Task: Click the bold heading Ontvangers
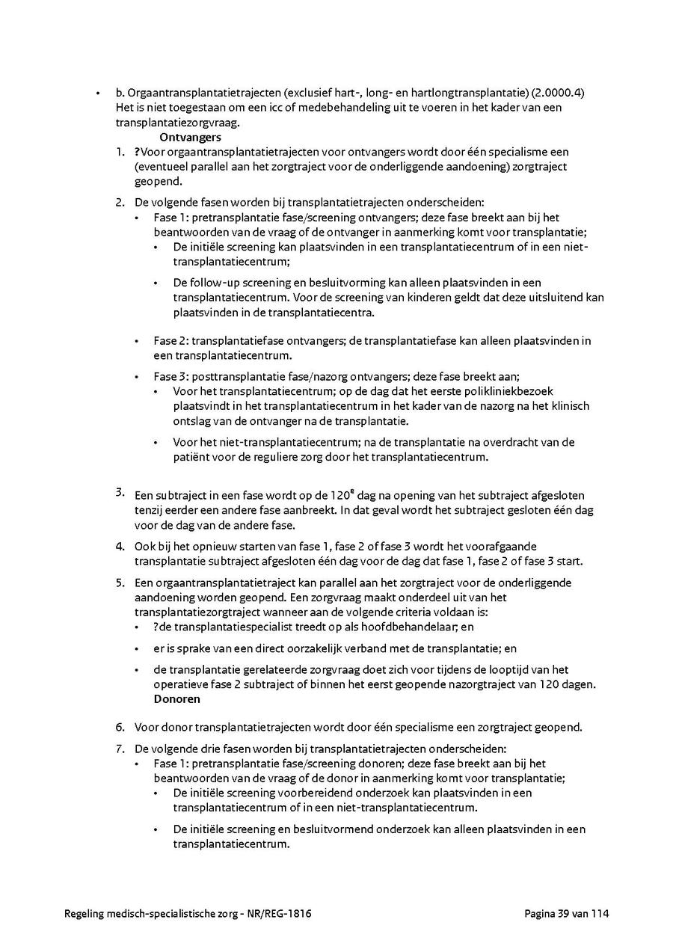point(190,138)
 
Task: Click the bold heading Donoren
point(176,699)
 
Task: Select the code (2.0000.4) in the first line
point(557,93)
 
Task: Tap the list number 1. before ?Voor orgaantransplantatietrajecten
point(120,152)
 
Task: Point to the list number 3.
point(120,491)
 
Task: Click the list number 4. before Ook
point(120,546)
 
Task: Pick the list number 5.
point(120,583)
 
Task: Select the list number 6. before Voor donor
point(120,727)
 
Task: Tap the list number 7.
point(120,749)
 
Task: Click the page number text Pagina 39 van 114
point(567,914)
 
